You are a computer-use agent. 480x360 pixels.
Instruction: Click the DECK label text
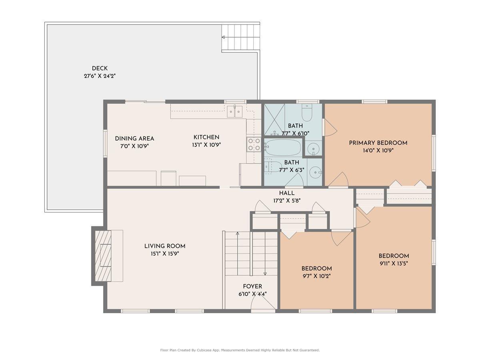[100, 68]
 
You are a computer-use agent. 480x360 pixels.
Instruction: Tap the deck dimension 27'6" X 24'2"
[100, 76]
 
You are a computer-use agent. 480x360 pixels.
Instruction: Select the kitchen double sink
[235, 112]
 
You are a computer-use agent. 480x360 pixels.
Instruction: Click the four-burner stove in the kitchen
[254, 144]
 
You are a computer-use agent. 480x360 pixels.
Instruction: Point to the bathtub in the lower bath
[283, 148]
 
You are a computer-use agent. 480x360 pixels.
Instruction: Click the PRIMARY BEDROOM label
[378, 143]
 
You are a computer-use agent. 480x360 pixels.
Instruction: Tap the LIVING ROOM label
[165, 246]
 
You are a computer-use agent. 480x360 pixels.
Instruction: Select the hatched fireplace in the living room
[103, 256]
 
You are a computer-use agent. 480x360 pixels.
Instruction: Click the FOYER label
[252, 286]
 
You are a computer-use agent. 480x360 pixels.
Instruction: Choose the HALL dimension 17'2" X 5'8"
[287, 201]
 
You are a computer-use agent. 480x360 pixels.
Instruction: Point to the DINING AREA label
[134, 138]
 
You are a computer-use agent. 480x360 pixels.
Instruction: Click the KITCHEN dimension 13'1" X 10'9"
[206, 145]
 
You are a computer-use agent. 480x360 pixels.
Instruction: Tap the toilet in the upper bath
[307, 112]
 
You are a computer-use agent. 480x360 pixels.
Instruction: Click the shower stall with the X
[274, 119]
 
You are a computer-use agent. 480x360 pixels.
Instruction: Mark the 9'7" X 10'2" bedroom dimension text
[316, 276]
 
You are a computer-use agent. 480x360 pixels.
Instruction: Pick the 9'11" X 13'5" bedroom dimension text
[394, 264]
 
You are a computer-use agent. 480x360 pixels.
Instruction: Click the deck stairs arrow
[241, 37]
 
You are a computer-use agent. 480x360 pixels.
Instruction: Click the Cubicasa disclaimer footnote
[240, 350]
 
